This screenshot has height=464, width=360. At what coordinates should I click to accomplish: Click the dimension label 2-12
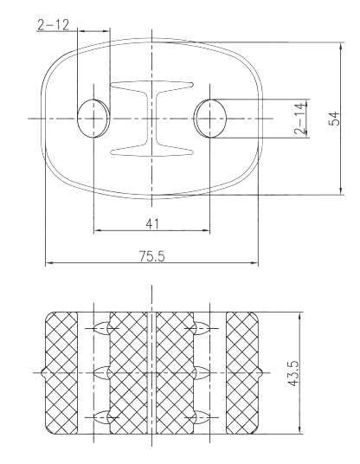pos(54,25)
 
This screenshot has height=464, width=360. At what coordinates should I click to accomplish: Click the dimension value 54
pos(335,119)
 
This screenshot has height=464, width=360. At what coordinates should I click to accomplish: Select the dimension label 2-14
pos(300,119)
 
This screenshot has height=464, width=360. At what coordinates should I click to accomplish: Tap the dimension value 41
pos(152,224)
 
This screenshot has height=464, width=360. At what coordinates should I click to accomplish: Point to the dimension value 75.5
pos(152,256)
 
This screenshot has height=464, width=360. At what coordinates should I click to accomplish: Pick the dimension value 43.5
pos(293,373)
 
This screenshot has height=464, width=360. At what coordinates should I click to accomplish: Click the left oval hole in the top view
pos(93,119)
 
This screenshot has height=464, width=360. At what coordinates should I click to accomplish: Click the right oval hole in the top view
pos(209,119)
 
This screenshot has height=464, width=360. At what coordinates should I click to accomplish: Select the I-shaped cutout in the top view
pos(151,119)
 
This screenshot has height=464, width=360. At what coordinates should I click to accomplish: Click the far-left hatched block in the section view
pos(61,373)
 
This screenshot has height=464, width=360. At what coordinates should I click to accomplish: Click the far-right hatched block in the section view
pos(242,373)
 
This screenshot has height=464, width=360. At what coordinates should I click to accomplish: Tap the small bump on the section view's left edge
pos(43,372)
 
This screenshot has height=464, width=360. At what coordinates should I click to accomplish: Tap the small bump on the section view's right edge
pos(260,372)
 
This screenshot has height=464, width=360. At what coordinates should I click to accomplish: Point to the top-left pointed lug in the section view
pos(102,328)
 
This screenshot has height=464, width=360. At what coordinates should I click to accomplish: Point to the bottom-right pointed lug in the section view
pos(202,417)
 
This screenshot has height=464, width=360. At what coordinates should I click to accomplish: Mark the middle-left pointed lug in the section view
pos(102,372)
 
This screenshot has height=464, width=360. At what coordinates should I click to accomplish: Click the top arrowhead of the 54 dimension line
pos(341,46)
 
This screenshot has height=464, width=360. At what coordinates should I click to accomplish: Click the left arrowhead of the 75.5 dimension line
pos(49,262)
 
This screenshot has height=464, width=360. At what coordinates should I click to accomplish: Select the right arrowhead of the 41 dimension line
pos(206,230)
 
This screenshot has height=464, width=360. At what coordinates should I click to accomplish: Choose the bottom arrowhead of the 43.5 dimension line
pos(300,430)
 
